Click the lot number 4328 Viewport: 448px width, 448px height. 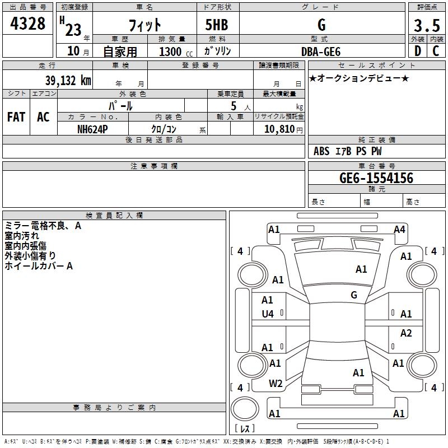point(27,24)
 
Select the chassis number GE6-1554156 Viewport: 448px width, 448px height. point(376,178)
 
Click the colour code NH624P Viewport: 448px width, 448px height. point(92,129)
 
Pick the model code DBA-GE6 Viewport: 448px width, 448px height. point(321,51)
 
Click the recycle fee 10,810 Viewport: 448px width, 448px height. point(278,129)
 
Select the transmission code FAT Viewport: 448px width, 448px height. point(16,117)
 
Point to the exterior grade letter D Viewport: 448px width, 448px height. point(417,51)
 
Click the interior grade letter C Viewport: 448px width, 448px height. point(436,51)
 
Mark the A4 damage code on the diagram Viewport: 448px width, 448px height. point(399,229)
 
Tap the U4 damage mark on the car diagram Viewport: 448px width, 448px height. point(268,314)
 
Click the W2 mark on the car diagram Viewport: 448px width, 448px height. point(275,383)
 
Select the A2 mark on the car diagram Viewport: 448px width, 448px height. point(406,333)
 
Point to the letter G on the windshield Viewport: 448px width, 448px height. point(354,295)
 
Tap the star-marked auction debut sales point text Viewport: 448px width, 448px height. point(359,78)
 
